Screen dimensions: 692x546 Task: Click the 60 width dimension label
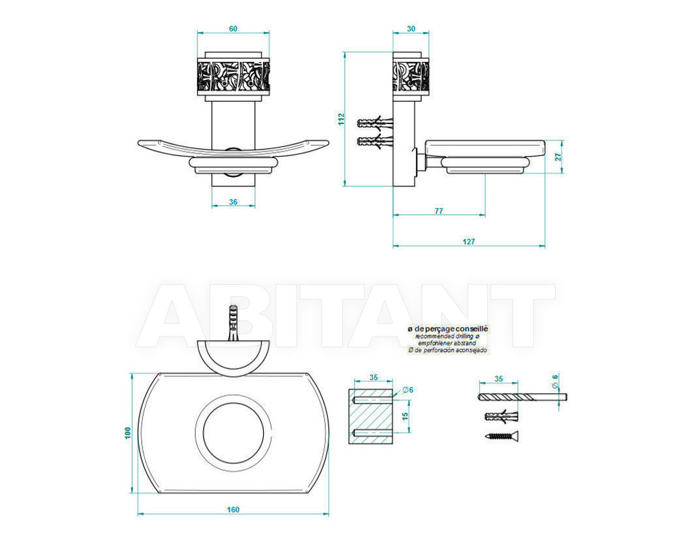(233, 29)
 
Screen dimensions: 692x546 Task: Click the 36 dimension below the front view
(233, 202)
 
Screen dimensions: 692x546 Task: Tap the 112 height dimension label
(341, 119)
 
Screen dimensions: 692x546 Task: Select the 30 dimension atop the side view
(411, 29)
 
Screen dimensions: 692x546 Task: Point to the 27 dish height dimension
(558, 157)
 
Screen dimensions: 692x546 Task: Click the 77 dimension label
(438, 211)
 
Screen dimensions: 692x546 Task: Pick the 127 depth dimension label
(469, 242)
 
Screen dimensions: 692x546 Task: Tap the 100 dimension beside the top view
(128, 432)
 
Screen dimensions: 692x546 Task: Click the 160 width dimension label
(233, 509)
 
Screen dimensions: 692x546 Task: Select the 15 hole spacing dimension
(405, 416)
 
